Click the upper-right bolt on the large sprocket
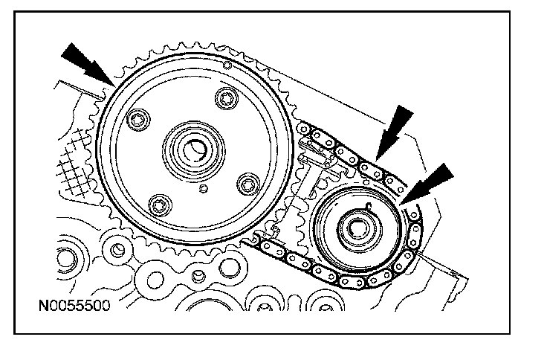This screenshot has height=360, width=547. click(226, 100)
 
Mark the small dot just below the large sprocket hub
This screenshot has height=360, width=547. click(202, 189)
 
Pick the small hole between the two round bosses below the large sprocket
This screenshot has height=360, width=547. click(198, 277)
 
